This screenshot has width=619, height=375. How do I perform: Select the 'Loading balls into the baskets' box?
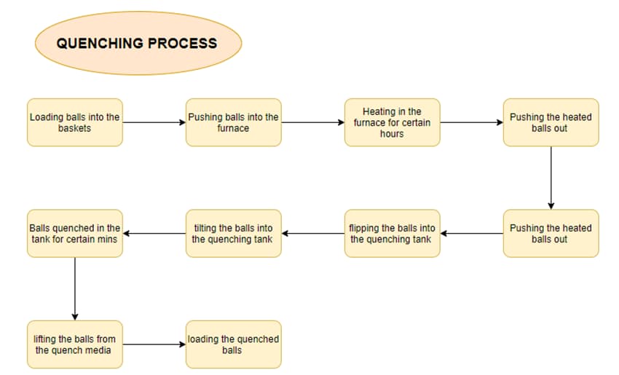(74, 122)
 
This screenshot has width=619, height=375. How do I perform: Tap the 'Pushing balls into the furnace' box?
(233, 122)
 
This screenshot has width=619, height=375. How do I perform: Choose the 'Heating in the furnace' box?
(392, 122)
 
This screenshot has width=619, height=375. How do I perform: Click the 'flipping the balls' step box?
(392, 234)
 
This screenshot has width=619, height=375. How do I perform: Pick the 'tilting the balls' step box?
(233, 234)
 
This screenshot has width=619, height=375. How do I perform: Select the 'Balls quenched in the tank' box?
(74, 234)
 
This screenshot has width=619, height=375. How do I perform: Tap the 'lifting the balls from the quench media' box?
(74, 344)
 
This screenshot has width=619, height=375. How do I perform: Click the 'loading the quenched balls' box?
(233, 344)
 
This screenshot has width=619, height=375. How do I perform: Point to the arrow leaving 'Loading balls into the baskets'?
(154, 122)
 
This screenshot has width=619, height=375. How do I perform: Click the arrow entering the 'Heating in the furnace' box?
(312, 122)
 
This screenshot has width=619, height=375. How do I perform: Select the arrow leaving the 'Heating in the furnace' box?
(471, 122)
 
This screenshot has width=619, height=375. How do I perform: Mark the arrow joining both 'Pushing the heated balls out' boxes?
(551, 178)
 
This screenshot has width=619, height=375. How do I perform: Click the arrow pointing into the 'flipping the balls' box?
(471, 234)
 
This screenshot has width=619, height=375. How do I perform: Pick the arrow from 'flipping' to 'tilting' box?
(312, 234)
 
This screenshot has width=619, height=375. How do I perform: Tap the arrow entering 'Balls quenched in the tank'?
(154, 234)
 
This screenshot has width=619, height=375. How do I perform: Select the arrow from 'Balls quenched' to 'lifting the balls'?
(74, 288)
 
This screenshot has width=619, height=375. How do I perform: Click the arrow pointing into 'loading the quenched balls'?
(154, 344)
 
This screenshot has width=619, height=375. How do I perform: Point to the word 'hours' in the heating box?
(392, 134)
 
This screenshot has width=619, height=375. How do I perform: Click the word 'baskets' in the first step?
(74, 128)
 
